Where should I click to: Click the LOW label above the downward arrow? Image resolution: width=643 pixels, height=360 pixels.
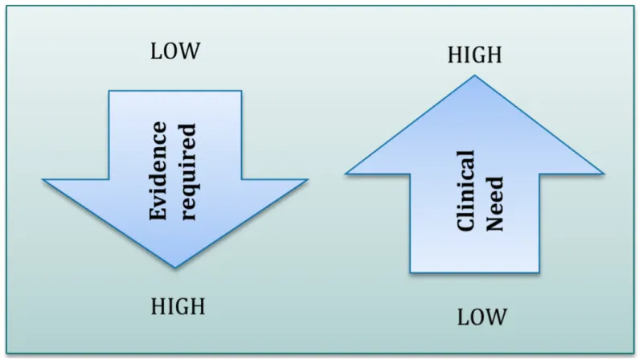pyautogui.click(x=175, y=52)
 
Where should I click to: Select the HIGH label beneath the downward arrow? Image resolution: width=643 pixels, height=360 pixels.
pyautogui.click(x=178, y=306)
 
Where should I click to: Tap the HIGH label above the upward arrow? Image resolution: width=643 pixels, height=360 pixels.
pyautogui.click(x=474, y=55)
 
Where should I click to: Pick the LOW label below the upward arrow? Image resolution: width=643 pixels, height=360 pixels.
pyautogui.click(x=482, y=317)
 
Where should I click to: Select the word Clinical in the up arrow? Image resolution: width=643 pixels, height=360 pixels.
pyautogui.click(x=466, y=190)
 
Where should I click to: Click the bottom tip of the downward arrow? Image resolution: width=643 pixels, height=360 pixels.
pyautogui.click(x=175, y=268)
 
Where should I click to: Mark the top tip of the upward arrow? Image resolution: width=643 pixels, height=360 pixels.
pyautogui.click(x=474, y=75)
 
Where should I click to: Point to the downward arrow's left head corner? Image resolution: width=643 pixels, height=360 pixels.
pyautogui.click(x=43, y=179)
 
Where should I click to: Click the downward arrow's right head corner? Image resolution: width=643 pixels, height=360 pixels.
pyautogui.click(x=308, y=179)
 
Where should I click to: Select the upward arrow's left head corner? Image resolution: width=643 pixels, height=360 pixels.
pyautogui.click(x=346, y=173)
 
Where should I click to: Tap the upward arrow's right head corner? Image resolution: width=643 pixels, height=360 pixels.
pyautogui.click(x=604, y=173)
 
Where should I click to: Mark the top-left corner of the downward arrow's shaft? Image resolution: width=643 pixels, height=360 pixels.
pyautogui.click(x=109, y=91)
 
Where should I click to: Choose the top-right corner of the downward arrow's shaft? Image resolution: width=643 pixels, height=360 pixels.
pyautogui.click(x=241, y=91)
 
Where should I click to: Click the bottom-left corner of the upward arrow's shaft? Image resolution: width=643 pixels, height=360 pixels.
pyautogui.click(x=410, y=272)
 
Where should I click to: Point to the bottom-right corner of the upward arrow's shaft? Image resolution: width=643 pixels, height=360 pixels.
pyautogui.click(x=540, y=272)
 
